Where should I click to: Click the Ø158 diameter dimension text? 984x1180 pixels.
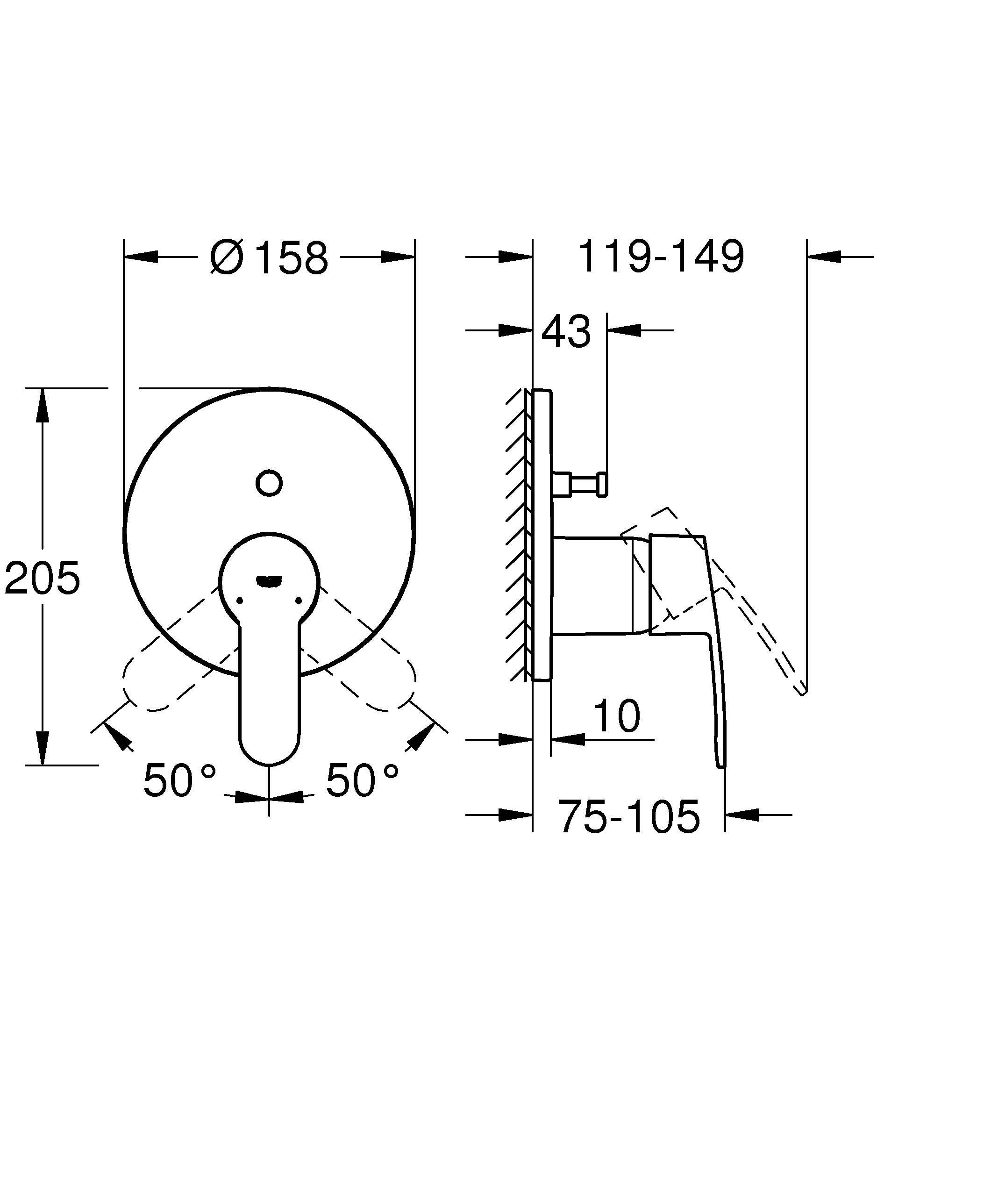269,258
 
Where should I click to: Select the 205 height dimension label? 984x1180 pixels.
42,578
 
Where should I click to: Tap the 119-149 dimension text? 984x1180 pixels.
661,257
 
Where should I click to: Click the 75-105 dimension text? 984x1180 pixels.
629,816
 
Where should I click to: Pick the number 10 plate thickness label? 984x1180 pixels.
616,716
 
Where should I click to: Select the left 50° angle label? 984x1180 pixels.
178,780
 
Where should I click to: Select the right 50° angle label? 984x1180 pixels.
362,780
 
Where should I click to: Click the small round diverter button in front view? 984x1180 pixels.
269,483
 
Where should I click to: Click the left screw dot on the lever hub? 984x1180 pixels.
240,601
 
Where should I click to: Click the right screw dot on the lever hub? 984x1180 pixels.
298,601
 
